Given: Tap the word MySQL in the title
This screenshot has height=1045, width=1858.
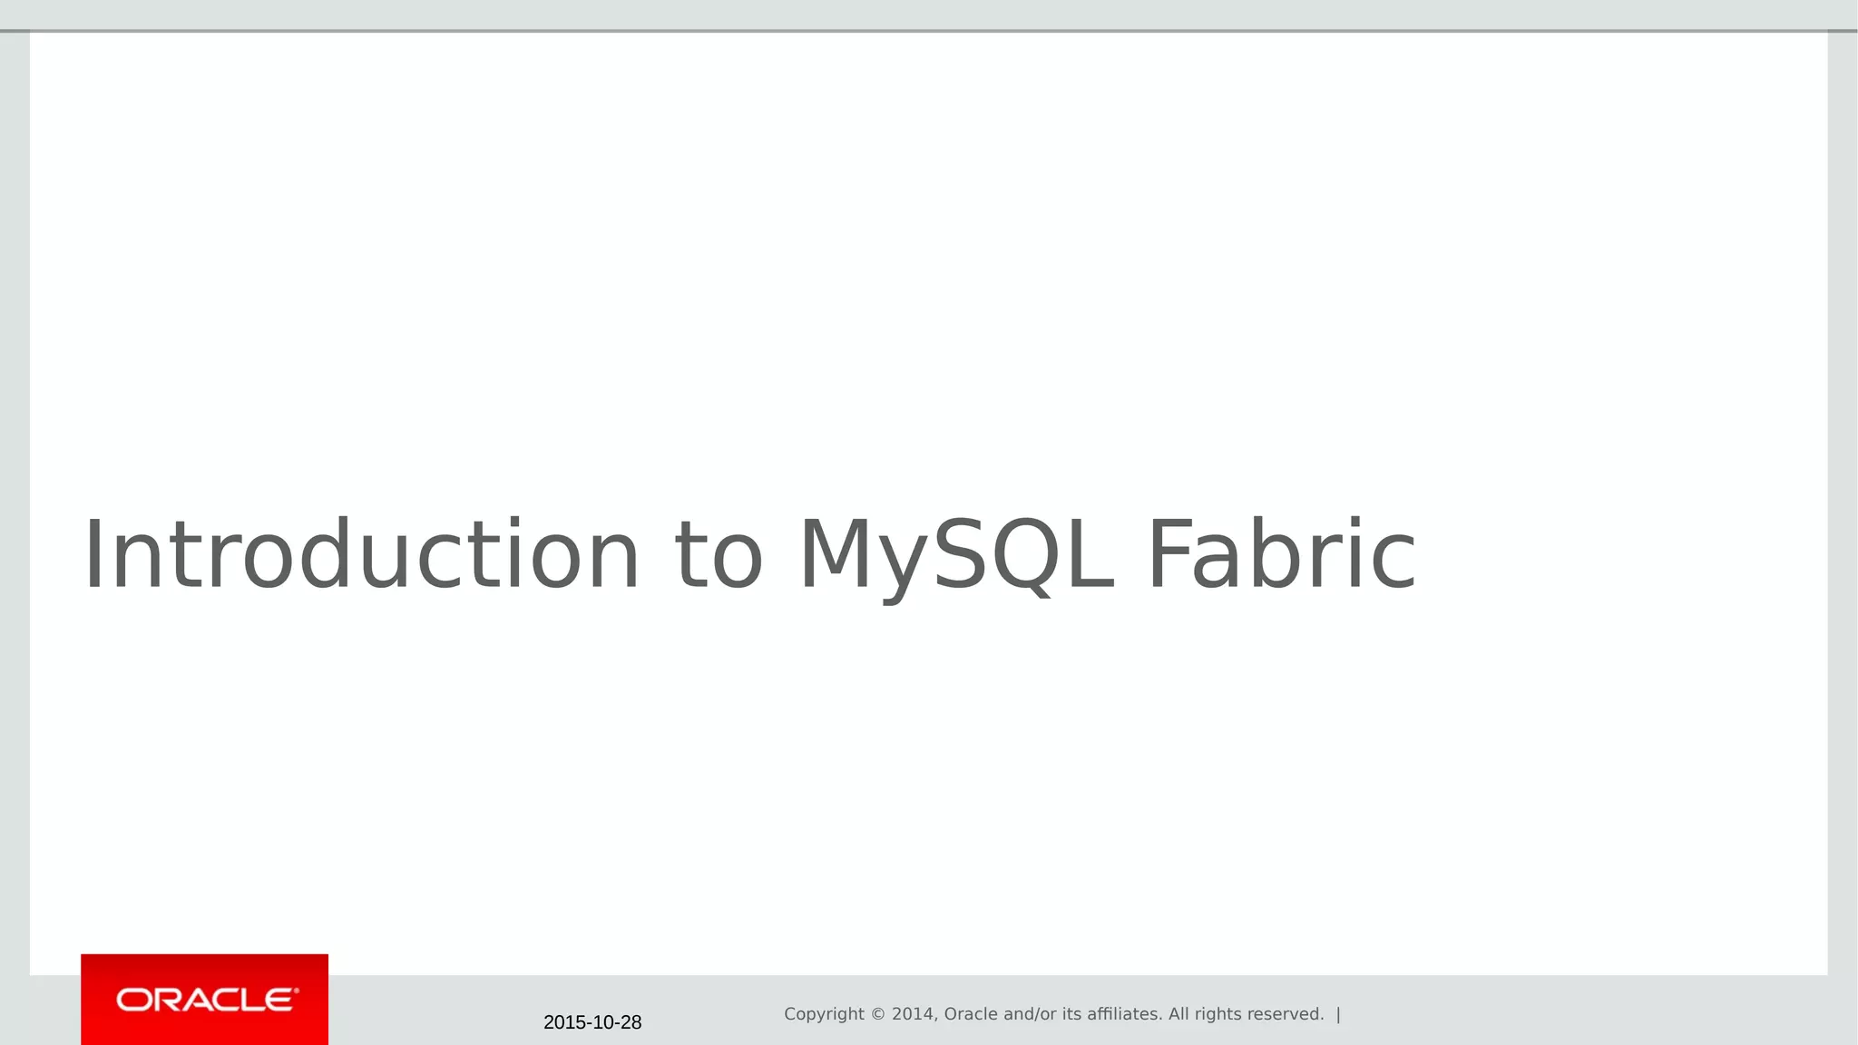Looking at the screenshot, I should coord(955,555).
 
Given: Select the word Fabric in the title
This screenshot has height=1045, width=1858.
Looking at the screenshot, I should coord(1281,555).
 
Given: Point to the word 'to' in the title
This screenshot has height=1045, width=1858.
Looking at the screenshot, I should coord(719,555).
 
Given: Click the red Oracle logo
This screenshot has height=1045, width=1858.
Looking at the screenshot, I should coord(205,1000).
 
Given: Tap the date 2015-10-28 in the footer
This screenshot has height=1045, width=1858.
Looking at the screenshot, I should coord(592,1022).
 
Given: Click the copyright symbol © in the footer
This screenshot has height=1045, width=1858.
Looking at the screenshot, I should coord(878,1014).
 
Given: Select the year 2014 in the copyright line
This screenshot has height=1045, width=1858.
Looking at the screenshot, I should coord(912,1014).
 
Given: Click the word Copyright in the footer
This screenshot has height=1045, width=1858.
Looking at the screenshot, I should coord(824,1014).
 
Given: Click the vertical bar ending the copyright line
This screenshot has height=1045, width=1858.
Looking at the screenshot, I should coord(1338,1014).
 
